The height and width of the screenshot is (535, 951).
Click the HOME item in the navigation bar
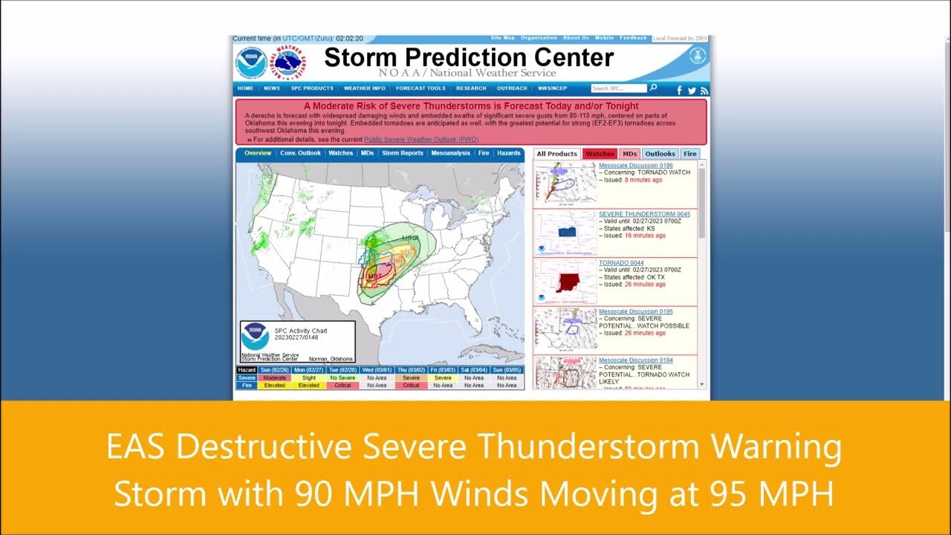pyautogui.click(x=245, y=88)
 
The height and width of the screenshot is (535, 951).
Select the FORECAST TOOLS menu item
pyautogui.click(x=421, y=88)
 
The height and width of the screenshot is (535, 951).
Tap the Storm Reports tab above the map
pyautogui.click(x=402, y=153)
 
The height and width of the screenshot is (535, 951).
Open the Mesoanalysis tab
pyautogui.click(x=450, y=153)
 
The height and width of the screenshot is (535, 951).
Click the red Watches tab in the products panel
pyautogui.click(x=600, y=154)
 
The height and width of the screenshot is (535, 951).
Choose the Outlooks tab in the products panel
pyautogui.click(x=660, y=154)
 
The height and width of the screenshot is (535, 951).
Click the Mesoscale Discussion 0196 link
pyautogui.click(x=635, y=166)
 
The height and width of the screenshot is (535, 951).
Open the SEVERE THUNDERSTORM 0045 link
pyautogui.click(x=644, y=214)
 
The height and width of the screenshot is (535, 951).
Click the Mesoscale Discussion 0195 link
pyautogui.click(x=635, y=311)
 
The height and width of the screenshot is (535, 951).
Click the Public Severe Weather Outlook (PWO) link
pyautogui.click(x=421, y=140)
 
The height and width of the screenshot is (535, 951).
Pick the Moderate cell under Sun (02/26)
pyautogui.click(x=274, y=377)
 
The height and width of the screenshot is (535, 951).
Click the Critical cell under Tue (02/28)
pyautogui.click(x=343, y=386)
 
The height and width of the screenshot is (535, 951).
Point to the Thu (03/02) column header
pyautogui.click(x=411, y=369)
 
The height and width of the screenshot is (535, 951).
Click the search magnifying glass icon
pyautogui.click(x=653, y=88)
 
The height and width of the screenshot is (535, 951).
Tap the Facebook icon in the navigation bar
pyautogui.click(x=679, y=91)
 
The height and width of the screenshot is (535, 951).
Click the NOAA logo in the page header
pyautogui.click(x=250, y=63)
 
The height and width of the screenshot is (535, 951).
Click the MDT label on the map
pyautogui.click(x=375, y=276)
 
